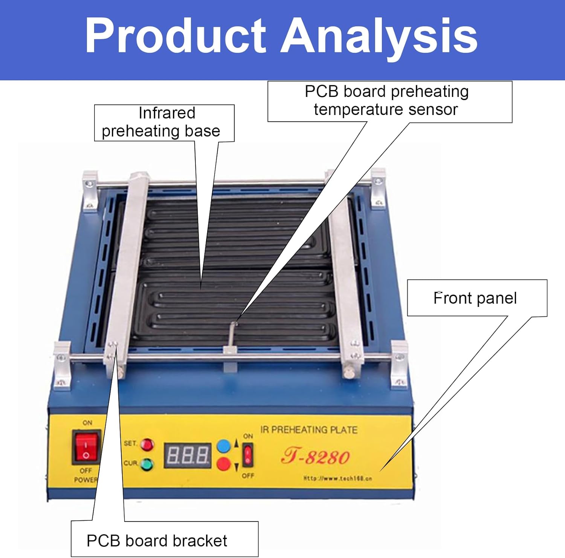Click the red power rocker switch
pyautogui.click(x=86, y=447)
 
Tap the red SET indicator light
pyautogui.click(x=147, y=445)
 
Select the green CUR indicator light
pyautogui.click(x=147, y=464)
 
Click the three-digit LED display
pyautogui.click(x=187, y=455)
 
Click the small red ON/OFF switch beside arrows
pyautogui.click(x=247, y=455)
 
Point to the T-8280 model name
pyautogui.click(x=315, y=457)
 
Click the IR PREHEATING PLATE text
pyautogui.click(x=308, y=430)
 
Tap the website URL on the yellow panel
pyautogui.click(x=337, y=478)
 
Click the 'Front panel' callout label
pyautogui.click(x=475, y=298)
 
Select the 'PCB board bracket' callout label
pyautogui.click(x=157, y=541)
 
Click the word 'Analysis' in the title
pyautogui.click(x=379, y=36)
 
